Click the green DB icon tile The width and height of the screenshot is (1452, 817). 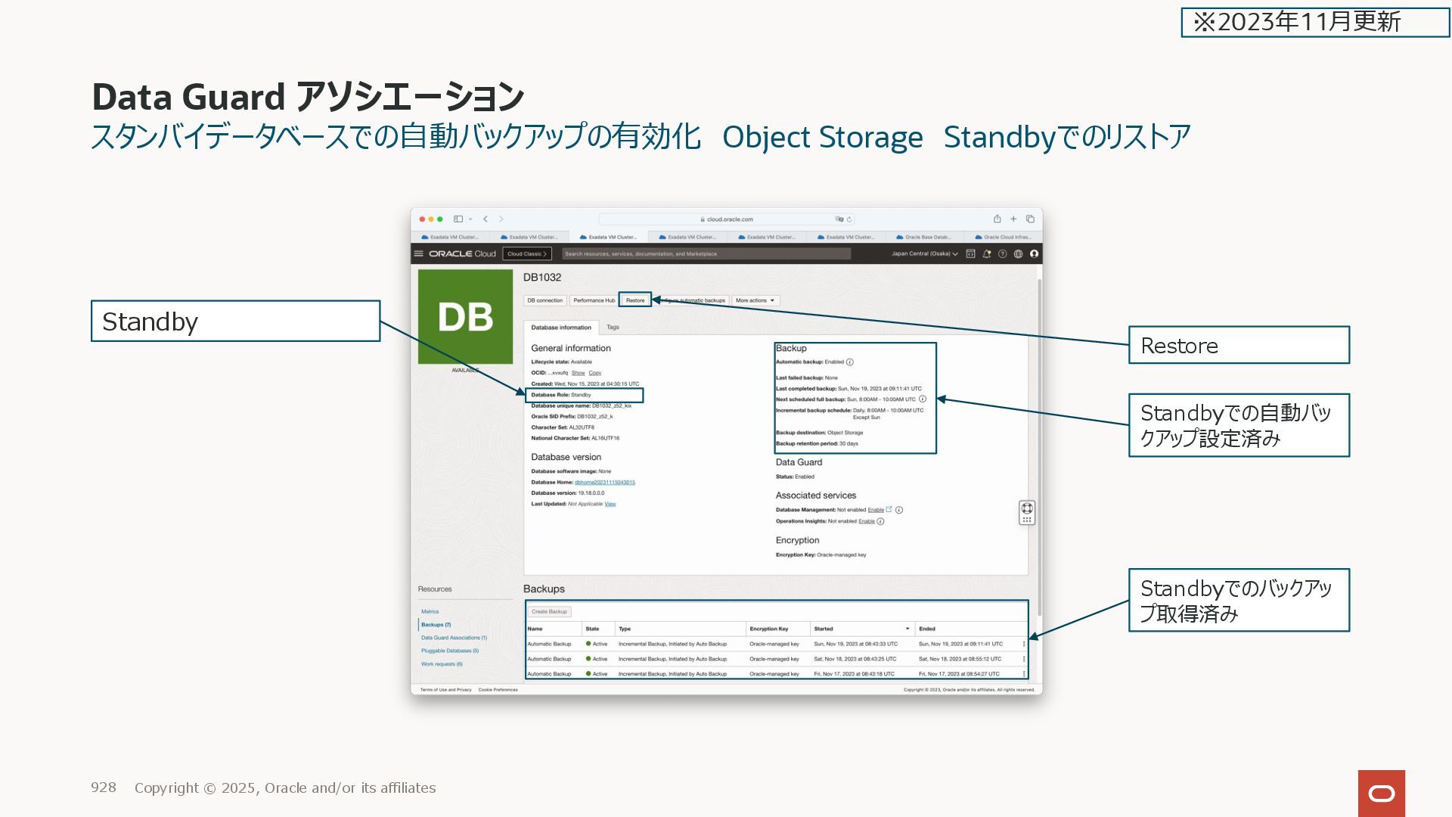coord(465,316)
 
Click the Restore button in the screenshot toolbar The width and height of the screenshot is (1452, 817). coord(634,300)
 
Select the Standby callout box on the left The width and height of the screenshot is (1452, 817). coord(235,322)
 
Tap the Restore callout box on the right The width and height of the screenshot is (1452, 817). coord(1239,346)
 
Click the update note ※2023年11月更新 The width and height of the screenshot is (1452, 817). coord(1314,22)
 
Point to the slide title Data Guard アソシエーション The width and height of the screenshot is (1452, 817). coord(308,97)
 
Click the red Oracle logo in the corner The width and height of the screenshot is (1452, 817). coord(1381,793)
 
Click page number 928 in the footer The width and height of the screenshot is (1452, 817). coord(104,787)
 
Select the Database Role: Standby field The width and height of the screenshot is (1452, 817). coord(584,395)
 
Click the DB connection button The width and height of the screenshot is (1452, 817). coord(544,300)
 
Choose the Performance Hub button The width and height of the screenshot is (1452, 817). coord(594,300)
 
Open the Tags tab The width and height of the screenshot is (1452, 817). coord(613,328)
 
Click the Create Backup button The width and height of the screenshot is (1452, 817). coord(549,611)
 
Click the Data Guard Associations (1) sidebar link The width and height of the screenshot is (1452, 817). coord(454,638)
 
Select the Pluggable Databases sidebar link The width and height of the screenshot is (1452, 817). coord(449,651)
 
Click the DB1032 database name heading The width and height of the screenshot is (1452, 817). coord(542,278)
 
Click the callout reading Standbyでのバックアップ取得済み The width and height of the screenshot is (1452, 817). coord(1239,601)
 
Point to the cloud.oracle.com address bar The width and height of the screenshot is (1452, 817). coord(726,219)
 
